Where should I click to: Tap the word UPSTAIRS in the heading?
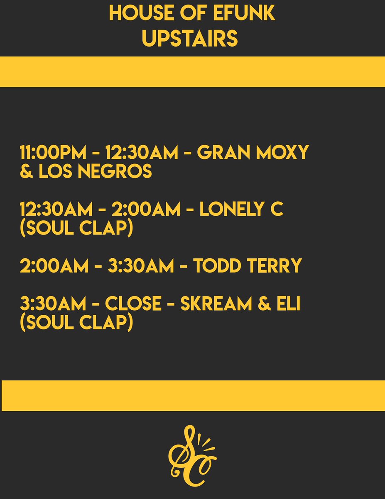(190, 39)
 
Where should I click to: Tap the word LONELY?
(234, 210)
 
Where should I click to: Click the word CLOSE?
(133, 304)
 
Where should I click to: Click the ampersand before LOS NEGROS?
(26, 171)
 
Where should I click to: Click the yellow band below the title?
(192, 72)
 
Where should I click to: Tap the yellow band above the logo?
(192, 395)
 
